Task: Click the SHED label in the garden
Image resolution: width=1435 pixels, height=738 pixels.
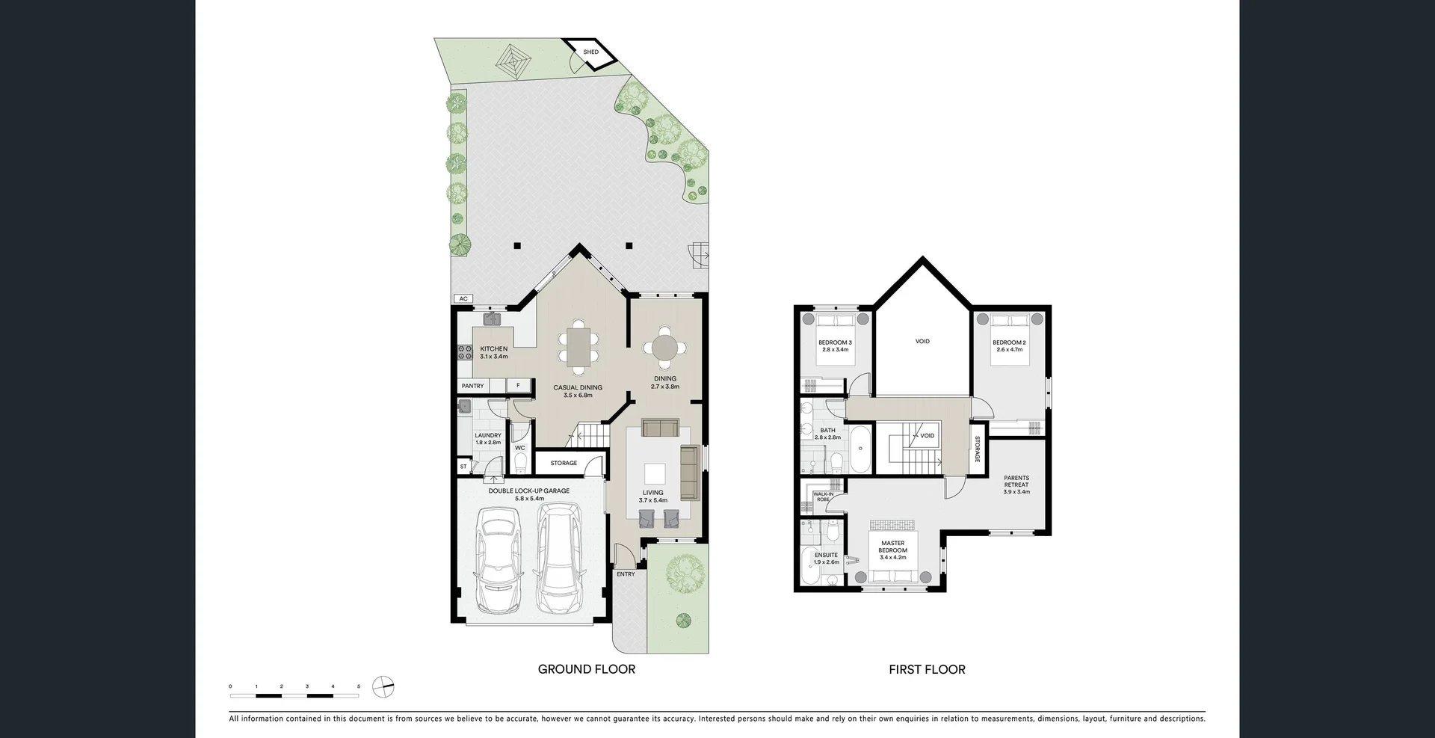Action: [x=590, y=52]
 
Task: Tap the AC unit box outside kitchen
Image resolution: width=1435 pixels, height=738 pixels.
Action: [x=463, y=299]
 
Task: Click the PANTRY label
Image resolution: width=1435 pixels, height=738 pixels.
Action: [x=472, y=386]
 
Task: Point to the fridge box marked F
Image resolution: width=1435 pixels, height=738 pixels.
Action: [x=518, y=386]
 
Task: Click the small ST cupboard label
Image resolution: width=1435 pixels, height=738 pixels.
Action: [x=463, y=467]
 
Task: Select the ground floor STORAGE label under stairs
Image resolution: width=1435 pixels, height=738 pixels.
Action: [x=564, y=463]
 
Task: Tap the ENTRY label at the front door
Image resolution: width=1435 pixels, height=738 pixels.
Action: [x=626, y=574]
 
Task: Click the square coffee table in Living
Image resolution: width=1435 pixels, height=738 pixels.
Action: [x=655, y=474]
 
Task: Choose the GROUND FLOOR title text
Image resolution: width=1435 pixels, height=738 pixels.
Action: [x=587, y=669]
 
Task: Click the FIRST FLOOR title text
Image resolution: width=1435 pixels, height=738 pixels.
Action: [x=927, y=670]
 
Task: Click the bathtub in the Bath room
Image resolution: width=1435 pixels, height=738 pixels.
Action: [x=861, y=449]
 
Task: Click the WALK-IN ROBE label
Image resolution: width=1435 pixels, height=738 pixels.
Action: [x=823, y=496]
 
